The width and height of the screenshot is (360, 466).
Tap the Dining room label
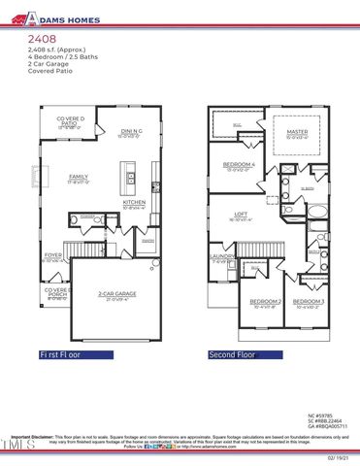tap(132, 132)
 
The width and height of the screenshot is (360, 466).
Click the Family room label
tap(79, 178)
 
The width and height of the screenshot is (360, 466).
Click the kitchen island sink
tap(129, 179)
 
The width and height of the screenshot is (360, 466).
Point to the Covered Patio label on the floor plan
tap(70, 122)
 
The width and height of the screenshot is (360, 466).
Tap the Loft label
tap(243, 215)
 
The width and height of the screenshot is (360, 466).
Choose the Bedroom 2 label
tap(264, 302)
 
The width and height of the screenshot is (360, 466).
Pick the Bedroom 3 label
tap(308, 302)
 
